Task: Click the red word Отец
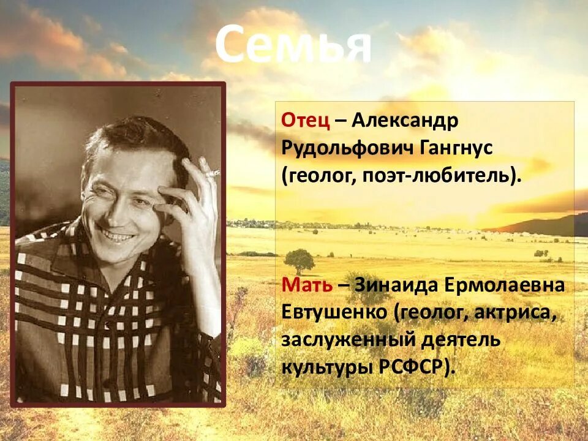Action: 306,119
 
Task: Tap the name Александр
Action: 404,120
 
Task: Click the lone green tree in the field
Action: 300,260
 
